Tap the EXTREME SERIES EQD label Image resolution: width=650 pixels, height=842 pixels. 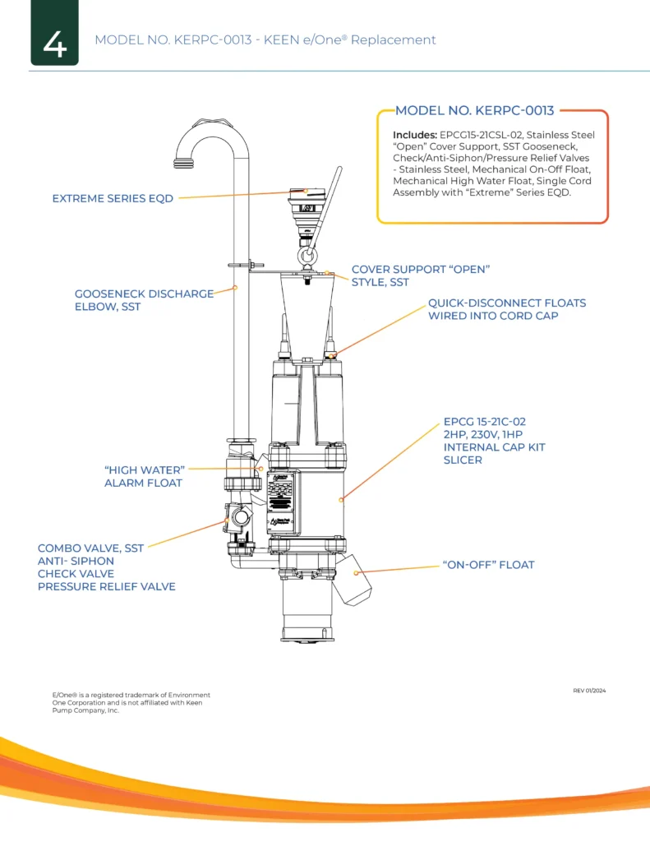113,198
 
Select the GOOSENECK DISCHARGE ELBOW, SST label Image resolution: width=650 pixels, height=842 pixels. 144,299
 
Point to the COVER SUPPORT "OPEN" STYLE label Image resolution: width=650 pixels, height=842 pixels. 420,275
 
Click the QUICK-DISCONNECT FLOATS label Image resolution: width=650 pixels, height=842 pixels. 506,309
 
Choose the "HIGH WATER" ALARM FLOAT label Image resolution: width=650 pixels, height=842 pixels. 143,476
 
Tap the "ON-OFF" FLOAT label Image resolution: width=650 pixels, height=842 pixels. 488,565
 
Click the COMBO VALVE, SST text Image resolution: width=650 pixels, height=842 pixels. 90,548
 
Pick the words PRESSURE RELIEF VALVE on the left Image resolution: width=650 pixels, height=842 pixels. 106,586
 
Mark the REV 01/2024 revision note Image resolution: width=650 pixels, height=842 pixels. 589,690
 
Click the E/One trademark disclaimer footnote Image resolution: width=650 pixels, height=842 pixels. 127,702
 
